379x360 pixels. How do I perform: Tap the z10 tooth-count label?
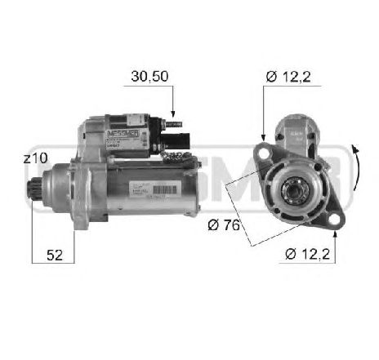click(36, 158)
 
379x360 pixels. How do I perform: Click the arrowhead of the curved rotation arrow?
click(353, 149)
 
